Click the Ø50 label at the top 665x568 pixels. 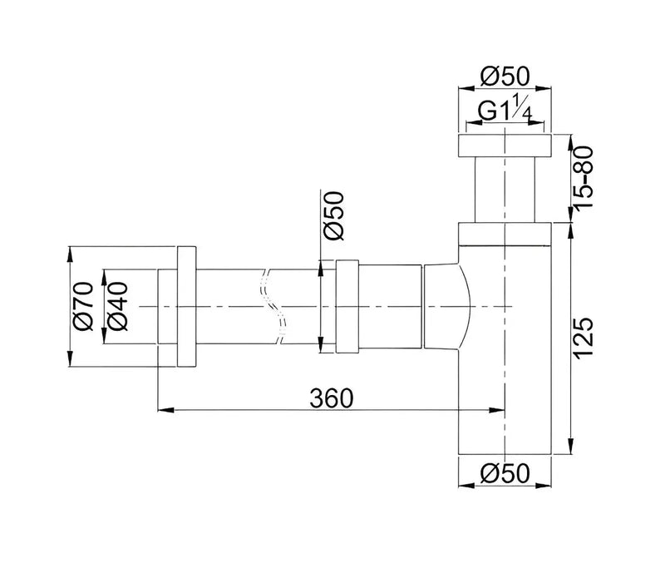click(x=506, y=77)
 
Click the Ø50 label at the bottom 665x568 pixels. click(x=506, y=474)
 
